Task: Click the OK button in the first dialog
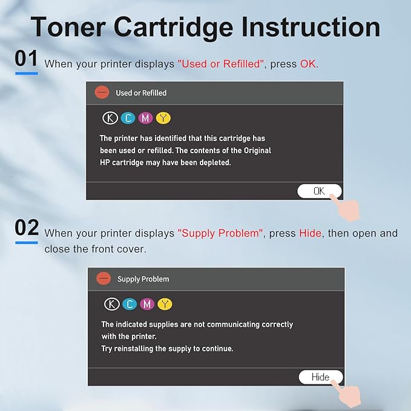coord(319,191)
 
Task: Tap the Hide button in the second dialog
coord(320,377)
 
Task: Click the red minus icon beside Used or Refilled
coord(102,93)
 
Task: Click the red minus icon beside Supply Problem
coord(104,278)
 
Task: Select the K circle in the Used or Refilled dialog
coord(110,118)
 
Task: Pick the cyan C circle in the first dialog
coord(128,118)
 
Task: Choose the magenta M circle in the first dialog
coord(145,118)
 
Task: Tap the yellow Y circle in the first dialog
coord(163,118)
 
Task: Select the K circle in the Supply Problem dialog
coord(112,304)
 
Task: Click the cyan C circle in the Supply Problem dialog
coord(130,304)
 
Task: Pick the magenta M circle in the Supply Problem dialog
coord(147,304)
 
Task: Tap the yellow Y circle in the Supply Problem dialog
coord(165,304)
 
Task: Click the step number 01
coord(26,59)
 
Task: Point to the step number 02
coord(27,228)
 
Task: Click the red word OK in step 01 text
coord(307,64)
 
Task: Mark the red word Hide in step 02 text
coord(311,233)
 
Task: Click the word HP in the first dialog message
coord(106,163)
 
